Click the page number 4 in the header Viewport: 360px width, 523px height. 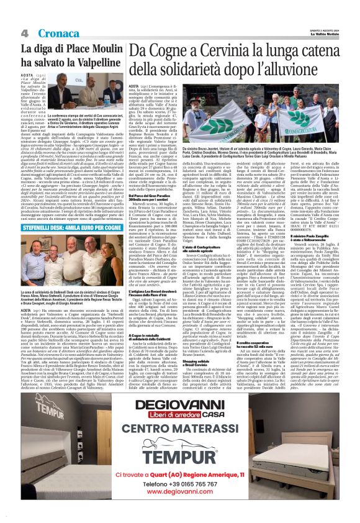pyautogui.click(x=25, y=33)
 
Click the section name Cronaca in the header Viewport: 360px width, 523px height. pyautogui.click(x=55, y=33)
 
